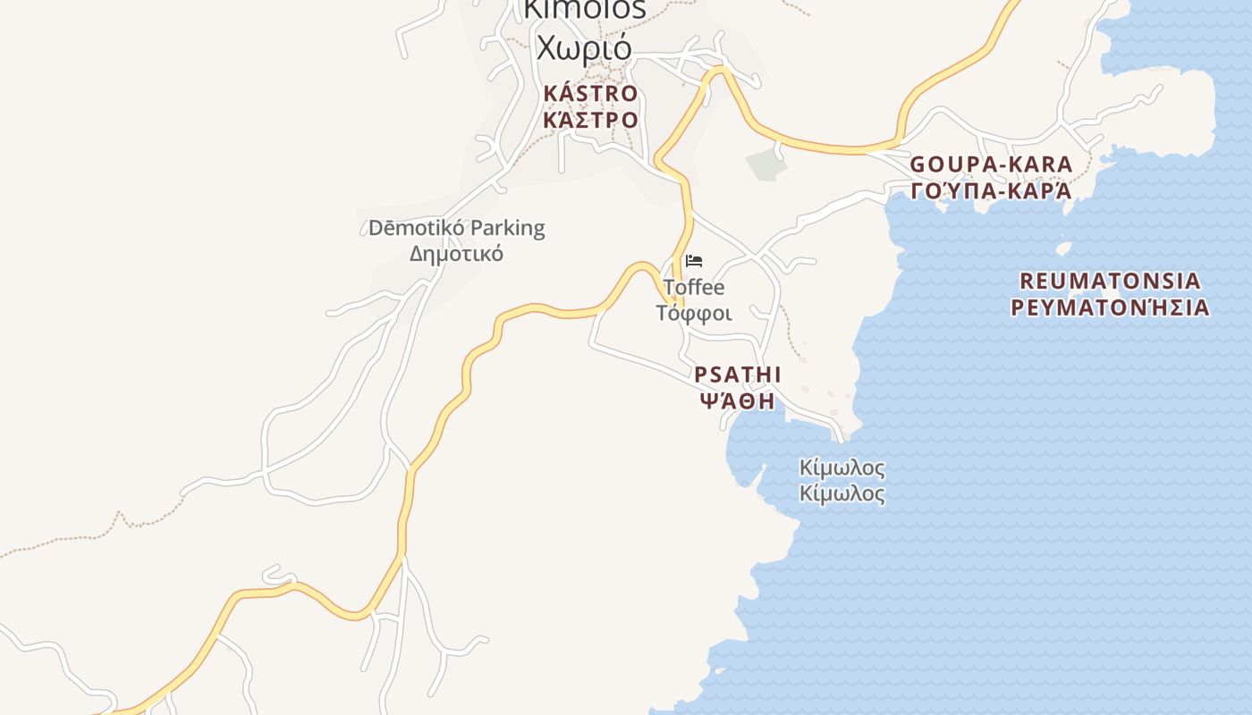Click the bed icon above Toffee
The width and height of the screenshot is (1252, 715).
pos(694,261)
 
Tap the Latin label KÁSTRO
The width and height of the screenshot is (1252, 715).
pos(590,94)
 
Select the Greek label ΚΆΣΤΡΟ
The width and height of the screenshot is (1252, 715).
pos(590,120)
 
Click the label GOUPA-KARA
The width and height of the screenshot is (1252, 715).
pos(991,164)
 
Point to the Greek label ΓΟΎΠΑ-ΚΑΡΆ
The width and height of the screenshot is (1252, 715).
pos(991,191)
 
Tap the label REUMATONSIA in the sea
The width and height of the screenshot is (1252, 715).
pos(1110,281)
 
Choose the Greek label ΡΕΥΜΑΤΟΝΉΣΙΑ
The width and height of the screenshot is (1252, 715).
pos(1110,308)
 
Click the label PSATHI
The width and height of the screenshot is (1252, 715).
pos(738,374)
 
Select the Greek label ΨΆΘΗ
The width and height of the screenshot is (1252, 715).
pos(738,401)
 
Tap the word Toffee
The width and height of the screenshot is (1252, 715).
pos(694,288)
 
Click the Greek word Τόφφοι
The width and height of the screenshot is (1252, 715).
pos(694,314)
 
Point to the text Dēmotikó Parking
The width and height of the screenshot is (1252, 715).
pos(456,228)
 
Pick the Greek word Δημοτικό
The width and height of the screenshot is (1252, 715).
pos(456,254)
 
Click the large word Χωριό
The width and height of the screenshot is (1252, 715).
pos(584,46)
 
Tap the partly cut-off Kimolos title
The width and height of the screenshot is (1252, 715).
pos(584,9)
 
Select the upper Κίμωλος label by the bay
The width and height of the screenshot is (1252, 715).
pos(842,467)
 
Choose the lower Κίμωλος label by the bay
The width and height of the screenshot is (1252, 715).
pos(842,493)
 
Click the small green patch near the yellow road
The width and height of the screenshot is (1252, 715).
pos(766,164)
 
